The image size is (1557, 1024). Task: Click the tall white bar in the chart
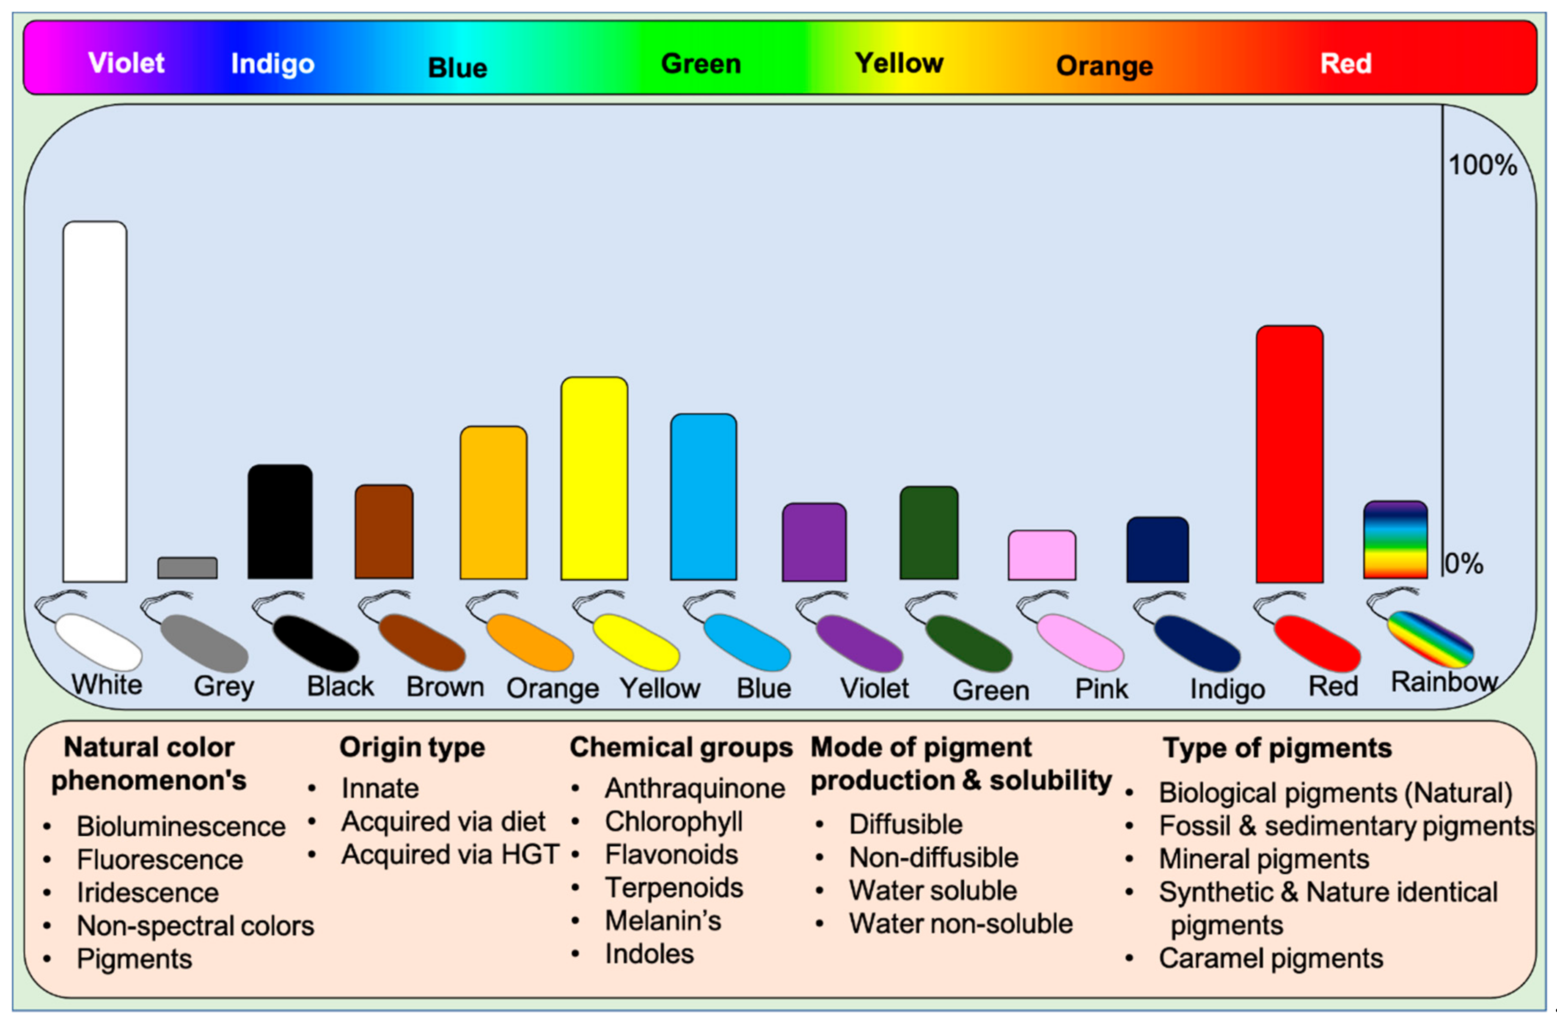tap(95, 401)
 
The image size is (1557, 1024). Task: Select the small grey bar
tap(187, 568)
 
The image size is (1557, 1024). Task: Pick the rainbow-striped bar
tap(1395, 540)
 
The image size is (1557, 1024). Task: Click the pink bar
tap(1042, 555)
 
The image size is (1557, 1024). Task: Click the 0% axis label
tap(1464, 563)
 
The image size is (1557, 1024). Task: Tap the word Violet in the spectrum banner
tap(126, 63)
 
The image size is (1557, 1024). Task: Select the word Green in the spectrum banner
tap(701, 63)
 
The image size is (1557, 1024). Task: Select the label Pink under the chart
tap(1102, 688)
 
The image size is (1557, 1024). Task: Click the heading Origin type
tap(412, 747)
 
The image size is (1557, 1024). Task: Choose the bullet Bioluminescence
tap(181, 826)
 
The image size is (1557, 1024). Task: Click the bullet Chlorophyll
tap(673, 822)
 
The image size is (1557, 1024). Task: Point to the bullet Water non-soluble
tap(960, 924)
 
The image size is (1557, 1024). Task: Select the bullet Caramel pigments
tap(1271, 958)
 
